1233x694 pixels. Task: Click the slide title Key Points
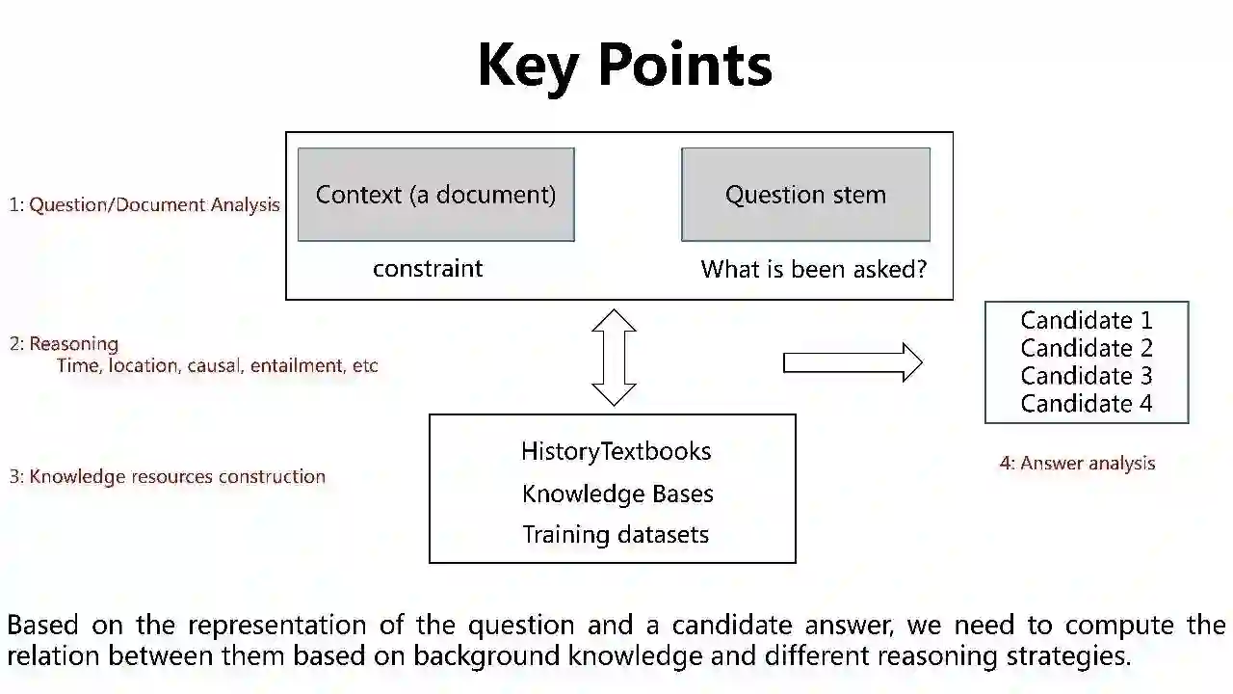(624, 66)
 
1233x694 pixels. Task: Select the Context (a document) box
(435, 195)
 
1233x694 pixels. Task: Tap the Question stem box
(805, 195)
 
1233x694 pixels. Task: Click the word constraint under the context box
(428, 268)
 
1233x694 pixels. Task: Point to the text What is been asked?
(813, 269)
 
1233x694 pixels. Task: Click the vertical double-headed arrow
(614, 357)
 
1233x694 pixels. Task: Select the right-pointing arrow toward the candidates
(853, 362)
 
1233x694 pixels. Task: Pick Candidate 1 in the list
(1086, 320)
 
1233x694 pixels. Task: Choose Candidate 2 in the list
(1086, 348)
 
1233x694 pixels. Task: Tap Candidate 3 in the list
(1086, 376)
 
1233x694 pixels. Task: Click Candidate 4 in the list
(1086, 404)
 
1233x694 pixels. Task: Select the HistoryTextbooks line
(616, 451)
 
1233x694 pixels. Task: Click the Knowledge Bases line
(617, 494)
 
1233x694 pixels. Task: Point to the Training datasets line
(616, 535)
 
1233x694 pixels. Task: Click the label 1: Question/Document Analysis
(144, 204)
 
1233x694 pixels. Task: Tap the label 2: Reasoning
(64, 344)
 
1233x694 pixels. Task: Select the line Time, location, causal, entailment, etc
(217, 366)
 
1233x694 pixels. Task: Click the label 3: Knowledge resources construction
(168, 476)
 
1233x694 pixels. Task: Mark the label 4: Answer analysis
(1077, 464)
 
